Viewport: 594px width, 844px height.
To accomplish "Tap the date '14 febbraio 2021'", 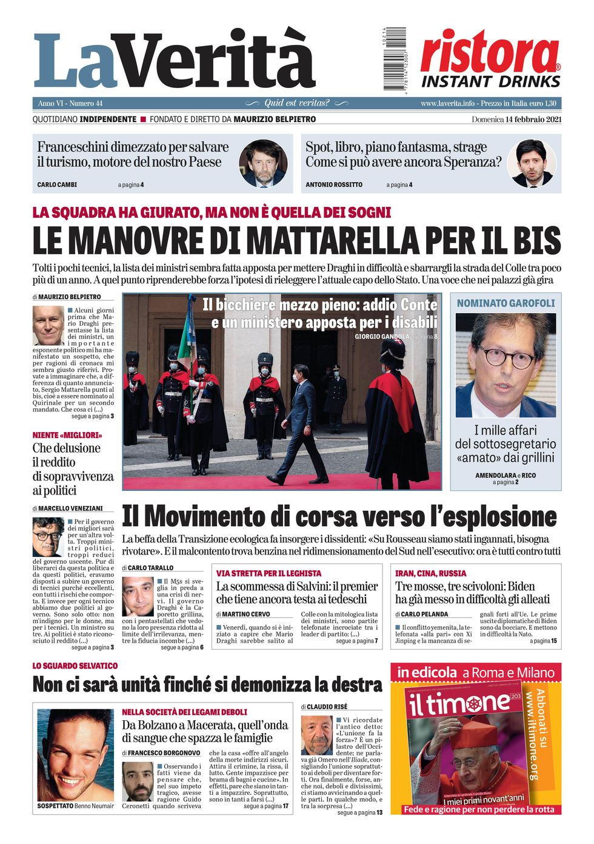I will (x=533, y=119).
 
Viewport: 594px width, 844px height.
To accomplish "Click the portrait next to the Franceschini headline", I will (x=262, y=163).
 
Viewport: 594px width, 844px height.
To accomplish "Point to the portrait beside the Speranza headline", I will (x=532, y=163).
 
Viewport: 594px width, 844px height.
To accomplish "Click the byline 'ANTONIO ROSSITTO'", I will (x=334, y=184).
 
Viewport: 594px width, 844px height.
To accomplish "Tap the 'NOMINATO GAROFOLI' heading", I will (x=506, y=303).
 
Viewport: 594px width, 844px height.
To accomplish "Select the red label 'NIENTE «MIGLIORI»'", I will (x=67, y=435).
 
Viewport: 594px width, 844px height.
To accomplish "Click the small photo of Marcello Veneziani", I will (x=48, y=538).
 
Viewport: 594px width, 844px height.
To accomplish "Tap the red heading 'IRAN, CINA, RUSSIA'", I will (x=430, y=573).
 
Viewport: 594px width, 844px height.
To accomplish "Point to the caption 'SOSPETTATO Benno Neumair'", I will (x=75, y=806).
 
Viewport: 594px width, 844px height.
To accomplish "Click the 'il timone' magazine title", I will (x=459, y=704).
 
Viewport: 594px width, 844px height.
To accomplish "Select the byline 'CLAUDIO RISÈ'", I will (x=327, y=707).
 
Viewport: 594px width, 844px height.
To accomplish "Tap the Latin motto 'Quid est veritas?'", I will (x=297, y=103).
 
